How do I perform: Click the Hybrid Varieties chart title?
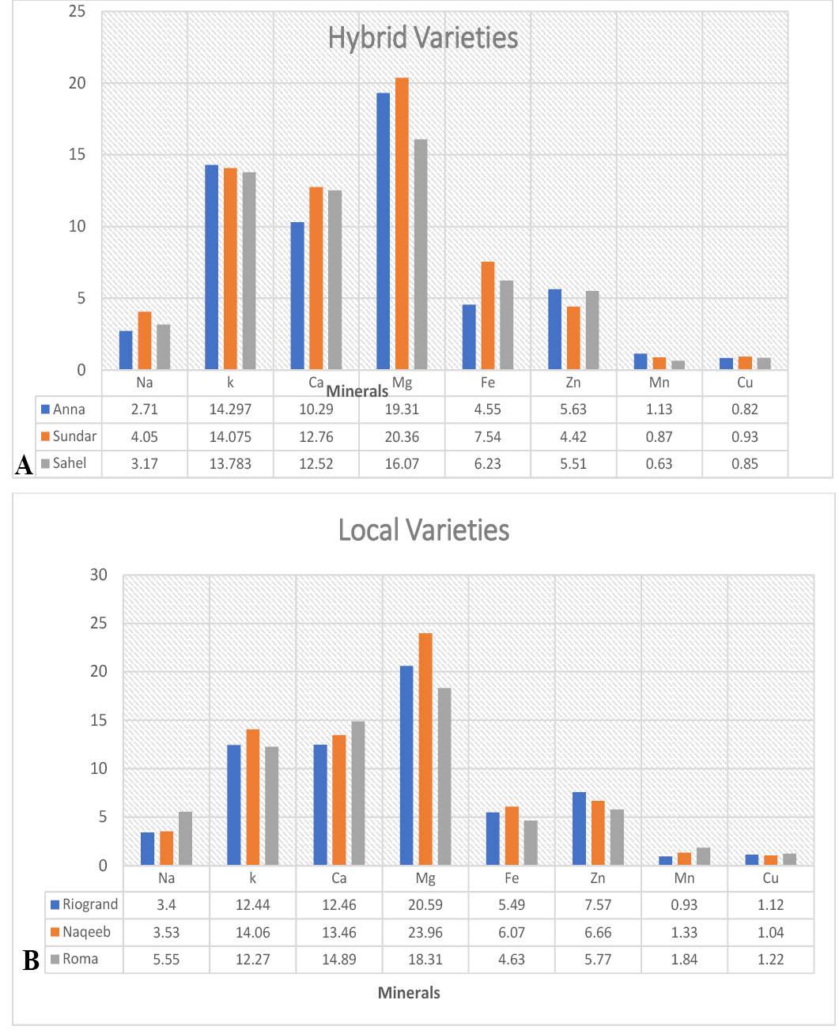click(422, 39)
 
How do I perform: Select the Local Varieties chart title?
click(423, 530)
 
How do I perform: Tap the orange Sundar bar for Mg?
click(402, 223)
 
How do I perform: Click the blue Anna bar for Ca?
click(297, 296)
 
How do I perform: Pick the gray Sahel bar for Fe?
click(506, 325)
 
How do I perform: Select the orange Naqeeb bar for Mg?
click(425, 749)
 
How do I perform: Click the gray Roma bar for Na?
click(186, 838)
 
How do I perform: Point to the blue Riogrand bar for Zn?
click(579, 828)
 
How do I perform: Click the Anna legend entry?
click(63, 409)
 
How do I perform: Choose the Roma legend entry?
click(74, 959)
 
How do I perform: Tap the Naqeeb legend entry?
click(81, 931)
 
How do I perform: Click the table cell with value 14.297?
click(230, 409)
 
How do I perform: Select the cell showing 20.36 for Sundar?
click(402, 437)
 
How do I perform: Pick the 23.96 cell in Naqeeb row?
click(425, 932)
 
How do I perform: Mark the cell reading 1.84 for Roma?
click(684, 959)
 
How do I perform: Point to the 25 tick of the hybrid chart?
click(77, 11)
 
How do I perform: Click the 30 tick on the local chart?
click(99, 575)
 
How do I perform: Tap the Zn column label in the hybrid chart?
click(573, 383)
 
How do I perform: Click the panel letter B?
click(31, 960)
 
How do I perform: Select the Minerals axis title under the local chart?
click(409, 993)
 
